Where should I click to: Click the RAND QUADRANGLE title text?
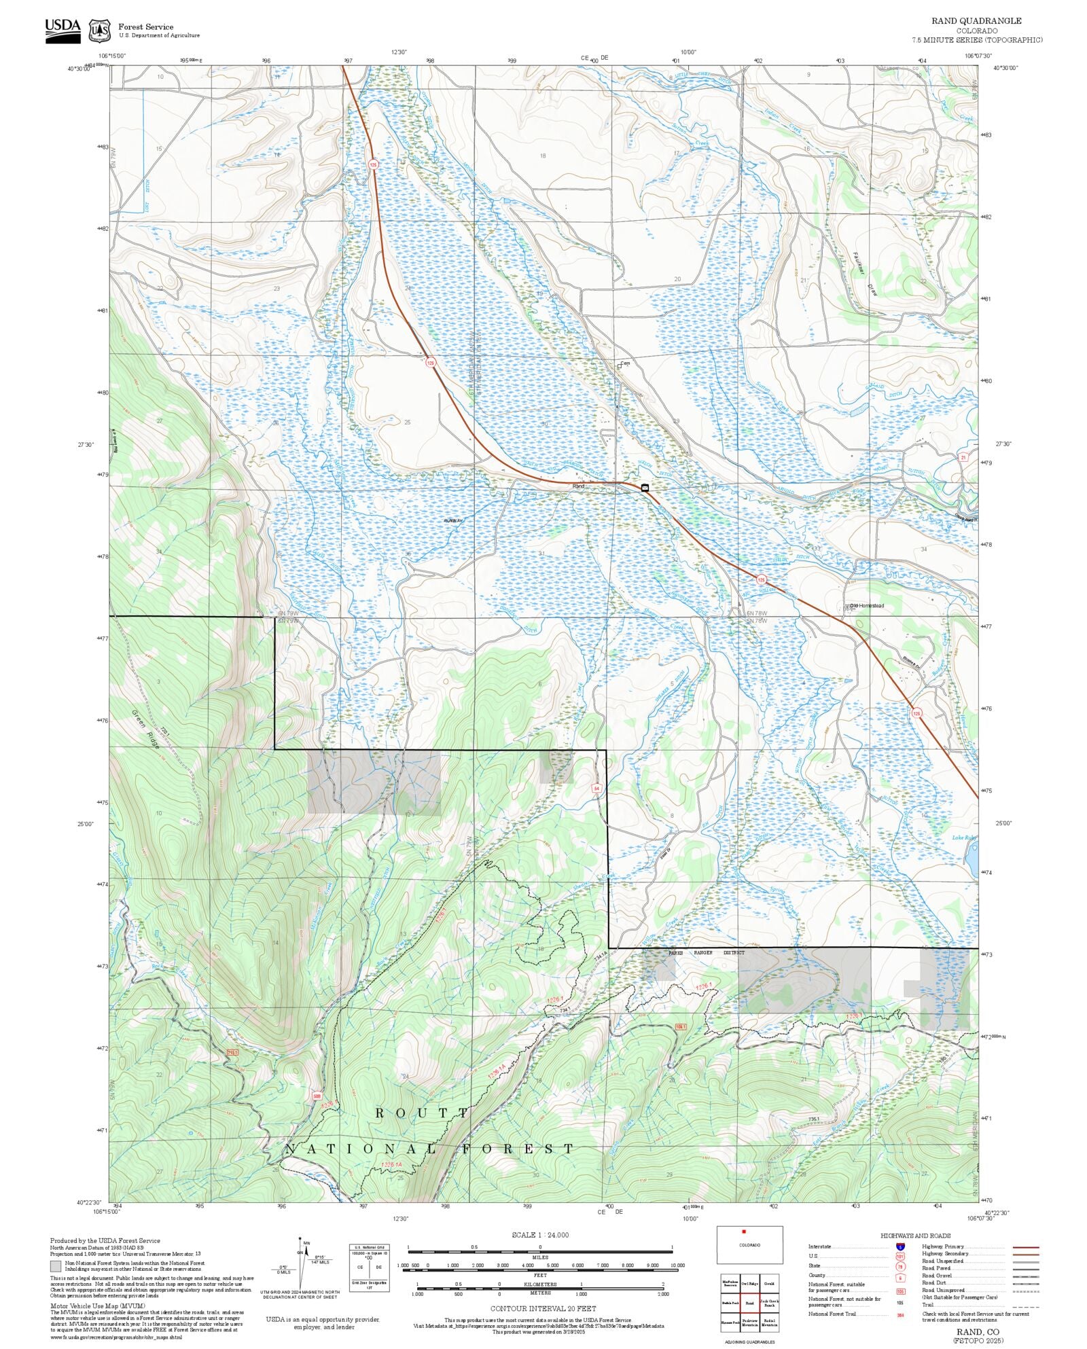pyautogui.click(x=976, y=21)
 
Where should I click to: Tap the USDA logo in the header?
pyautogui.click(x=63, y=30)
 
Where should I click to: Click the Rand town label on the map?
pyautogui.click(x=578, y=486)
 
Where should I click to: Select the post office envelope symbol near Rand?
pyautogui.click(x=645, y=488)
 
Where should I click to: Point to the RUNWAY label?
pyautogui.click(x=453, y=520)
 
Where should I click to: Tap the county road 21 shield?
pyautogui.click(x=963, y=457)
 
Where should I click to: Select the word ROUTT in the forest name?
pyautogui.click(x=421, y=1113)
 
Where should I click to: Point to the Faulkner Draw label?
pyautogui.click(x=864, y=274)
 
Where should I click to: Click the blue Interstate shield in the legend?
pyautogui.click(x=900, y=1247)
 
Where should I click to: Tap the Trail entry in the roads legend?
pyautogui.click(x=928, y=1304)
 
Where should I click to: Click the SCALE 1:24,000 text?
pyautogui.click(x=540, y=1235)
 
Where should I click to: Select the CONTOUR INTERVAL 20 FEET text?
pyautogui.click(x=543, y=1308)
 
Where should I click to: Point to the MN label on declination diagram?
pyautogui.click(x=306, y=1242)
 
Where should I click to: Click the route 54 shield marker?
pyautogui.click(x=596, y=788)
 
